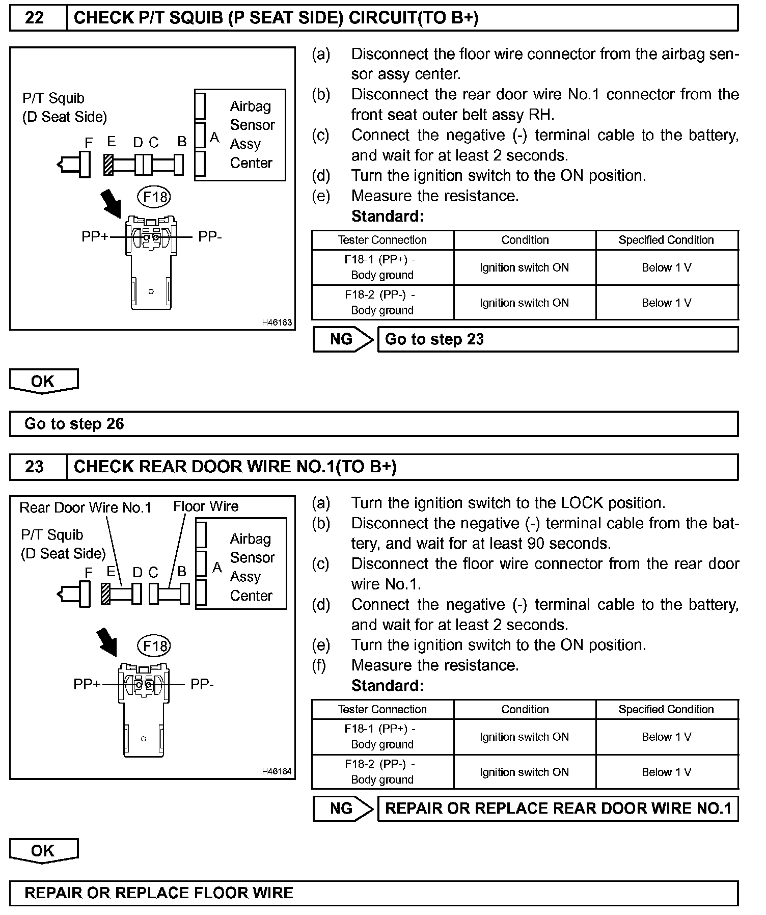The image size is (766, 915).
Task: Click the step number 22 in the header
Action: tap(34, 18)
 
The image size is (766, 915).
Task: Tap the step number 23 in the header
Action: tap(34, 467)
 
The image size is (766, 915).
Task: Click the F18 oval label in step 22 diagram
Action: tap(154, 197)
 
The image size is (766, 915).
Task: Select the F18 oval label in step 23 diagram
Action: tap(154, 646)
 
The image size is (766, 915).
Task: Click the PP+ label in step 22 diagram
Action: tap(95, 237)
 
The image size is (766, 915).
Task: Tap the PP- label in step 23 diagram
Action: tap(202, 684)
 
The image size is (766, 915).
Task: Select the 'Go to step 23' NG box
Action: tap(557, 339)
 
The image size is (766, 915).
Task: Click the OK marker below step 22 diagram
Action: tap(43, 381)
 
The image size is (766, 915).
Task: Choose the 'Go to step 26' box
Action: tap(373, 424)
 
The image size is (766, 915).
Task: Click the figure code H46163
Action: tap(277, 322)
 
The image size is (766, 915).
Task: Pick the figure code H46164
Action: tap(277, 771)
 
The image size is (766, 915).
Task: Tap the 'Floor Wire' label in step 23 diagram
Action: tap(206, 506)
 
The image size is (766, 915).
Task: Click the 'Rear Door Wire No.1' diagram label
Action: tap(85, 507)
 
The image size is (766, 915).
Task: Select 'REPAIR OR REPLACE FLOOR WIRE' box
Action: tap(373, 893)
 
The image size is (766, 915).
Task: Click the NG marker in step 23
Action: tap(341, 809)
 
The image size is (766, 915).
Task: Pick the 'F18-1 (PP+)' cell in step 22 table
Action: tap(382, 267)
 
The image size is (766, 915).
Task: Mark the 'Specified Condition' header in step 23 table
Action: tap(666, 709)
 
